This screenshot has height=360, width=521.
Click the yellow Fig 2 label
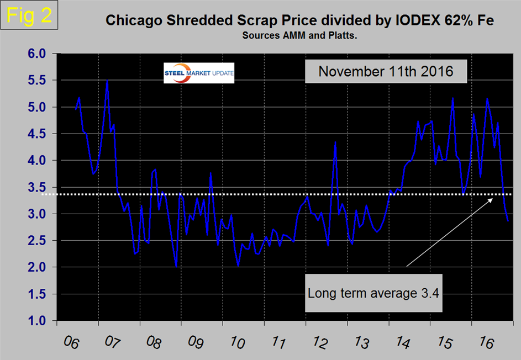click(x=28, y=15)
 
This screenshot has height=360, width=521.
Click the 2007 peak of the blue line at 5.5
click(x=107, y=81)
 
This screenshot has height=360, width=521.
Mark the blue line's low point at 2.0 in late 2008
click(x=176, y=267)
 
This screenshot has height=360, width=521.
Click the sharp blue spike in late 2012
click(x=335, y=142)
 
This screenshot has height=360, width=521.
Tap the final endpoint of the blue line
click(x=508, y=221)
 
